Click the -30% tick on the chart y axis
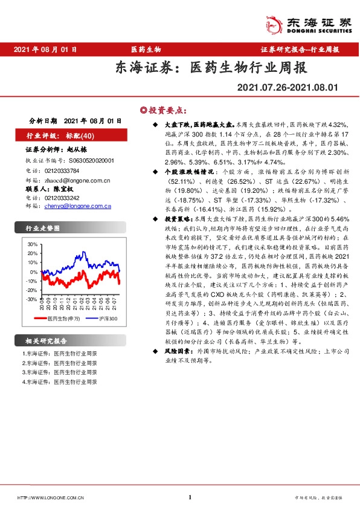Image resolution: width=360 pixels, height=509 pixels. tap(31, 299)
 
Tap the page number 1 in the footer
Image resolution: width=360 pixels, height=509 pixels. tap(190, 498)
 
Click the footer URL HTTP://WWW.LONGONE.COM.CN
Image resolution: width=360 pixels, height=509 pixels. tap(50, 498)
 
